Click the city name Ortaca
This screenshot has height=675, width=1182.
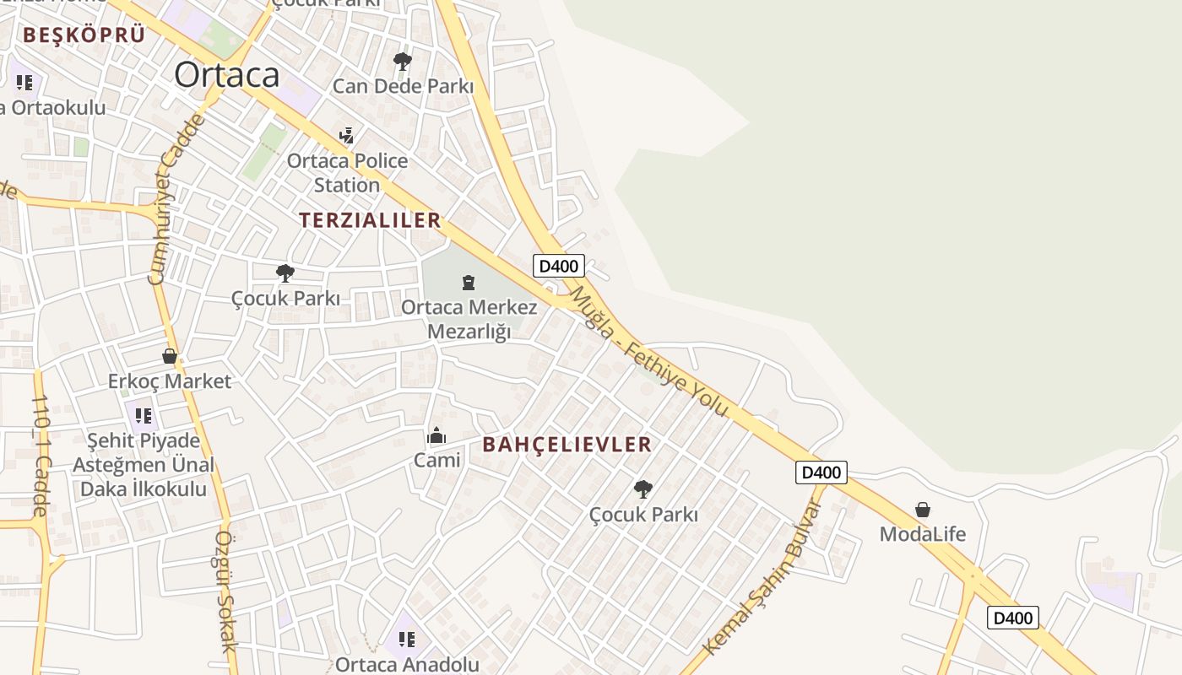[226, 75]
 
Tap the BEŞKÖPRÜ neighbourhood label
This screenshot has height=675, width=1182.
[84, 35]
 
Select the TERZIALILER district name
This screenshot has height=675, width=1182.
[370, 220]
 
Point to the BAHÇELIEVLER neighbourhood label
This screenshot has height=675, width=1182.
[567, 445]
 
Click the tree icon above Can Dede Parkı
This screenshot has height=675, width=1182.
[403, 61]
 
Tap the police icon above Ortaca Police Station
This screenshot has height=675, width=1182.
[346, 135]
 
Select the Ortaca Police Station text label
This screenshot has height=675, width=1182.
[347, 172]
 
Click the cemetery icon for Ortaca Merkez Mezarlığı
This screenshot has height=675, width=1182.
[469, 283]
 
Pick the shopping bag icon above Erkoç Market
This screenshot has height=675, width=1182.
[170, 356]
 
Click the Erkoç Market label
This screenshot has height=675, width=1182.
[170, 381]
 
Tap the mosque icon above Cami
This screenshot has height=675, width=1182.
[436, 435]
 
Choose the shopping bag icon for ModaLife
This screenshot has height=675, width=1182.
[923, 510]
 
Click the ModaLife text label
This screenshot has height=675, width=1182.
[923, 534]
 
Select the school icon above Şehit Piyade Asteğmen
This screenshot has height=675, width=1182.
[144, 415]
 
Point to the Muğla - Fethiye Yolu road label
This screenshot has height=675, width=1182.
[648, 351]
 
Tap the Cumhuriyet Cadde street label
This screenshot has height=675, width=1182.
[176, 199]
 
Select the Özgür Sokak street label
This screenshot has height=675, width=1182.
[224, 591]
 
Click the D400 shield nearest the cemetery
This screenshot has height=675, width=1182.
[559, 266]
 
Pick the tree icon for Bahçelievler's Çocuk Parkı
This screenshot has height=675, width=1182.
[643, 489]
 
